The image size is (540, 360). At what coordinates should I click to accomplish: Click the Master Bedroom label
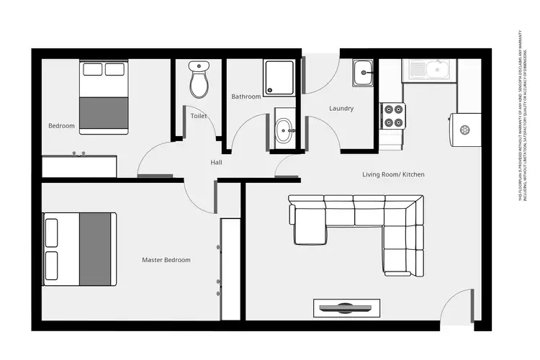pyautogui.click(x=166, y=260)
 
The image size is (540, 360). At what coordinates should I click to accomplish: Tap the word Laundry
pyautogui.click(x=341, y=109)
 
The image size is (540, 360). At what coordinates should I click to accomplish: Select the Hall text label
pyautogui.click(x=216, y=163)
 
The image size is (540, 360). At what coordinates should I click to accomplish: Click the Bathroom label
pyautogui.click(x=246, y=96)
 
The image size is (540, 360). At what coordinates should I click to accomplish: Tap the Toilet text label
pyautogui.click(x=199, y=115)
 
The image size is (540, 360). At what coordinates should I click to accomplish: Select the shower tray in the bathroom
pyautogui.click(x=279, y=78)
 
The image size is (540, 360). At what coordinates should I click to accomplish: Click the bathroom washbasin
pyautogui.click(x=284, y=130)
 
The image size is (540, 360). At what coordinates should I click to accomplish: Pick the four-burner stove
pyautogui.click(x=393, y=116)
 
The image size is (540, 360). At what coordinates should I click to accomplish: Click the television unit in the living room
pyautogui.click(x=346, y=307)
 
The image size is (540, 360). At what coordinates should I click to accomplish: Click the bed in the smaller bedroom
pyautogui.click(x=104, y=97)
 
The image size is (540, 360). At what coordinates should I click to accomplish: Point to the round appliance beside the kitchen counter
pyautogui.click(x=464, y=130)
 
